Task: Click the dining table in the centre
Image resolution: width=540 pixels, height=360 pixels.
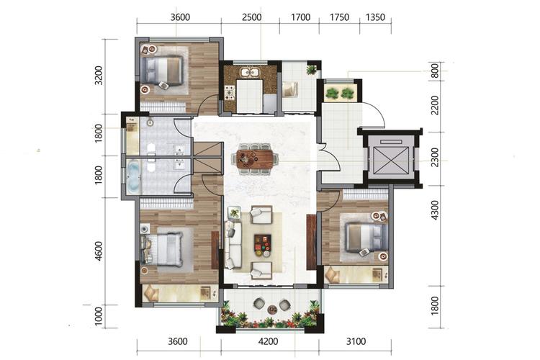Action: pyautogui.click(x=255, y=159)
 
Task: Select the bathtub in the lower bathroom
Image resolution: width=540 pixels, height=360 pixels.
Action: pyautogui.click(x=134, y=176)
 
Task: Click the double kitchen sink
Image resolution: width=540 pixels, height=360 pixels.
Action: pyautogui.click(x=251, y=73)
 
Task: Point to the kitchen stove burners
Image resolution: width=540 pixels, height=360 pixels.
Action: pyautogui.click(x=230, y=92)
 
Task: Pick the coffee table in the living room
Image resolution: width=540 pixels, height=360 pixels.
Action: pyautogui.click(x=262, y=243)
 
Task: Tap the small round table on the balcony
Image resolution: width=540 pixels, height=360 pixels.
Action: pyautogui.click(x=273, y=310)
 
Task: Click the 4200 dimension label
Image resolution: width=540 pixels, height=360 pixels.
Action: pyautogui.click(x=268, y=341)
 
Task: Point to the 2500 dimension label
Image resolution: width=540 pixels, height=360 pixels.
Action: pyautogui.click(x=251, y=17)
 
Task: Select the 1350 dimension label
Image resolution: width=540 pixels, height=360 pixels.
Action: pyautogui.click(x=375, y=17)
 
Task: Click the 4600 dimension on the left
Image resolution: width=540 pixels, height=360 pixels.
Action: pyautogui.click(x=99, y=251)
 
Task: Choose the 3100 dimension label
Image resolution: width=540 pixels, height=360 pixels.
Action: pyautogui.click(x=356, y=341)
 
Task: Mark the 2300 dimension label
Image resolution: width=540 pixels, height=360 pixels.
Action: pyautogui.click(x=435, y=157)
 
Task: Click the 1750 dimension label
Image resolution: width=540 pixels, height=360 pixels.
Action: pyautogui.click(x=340, y=17)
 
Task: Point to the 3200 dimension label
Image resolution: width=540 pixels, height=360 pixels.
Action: pyautogui.click(x=99, y=76)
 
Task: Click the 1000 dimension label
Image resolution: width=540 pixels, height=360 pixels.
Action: pyautogui.click(x=99, y=316)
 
